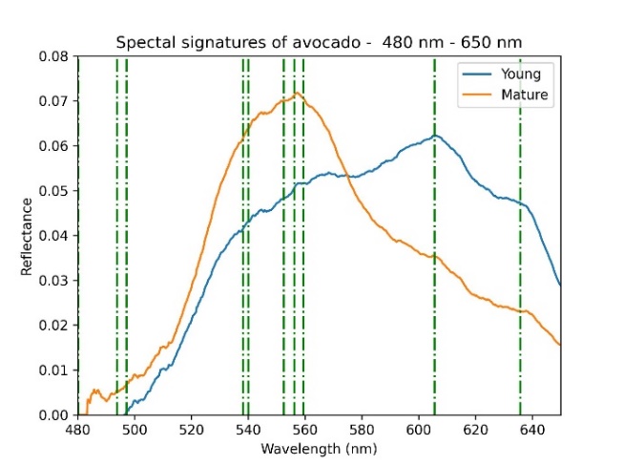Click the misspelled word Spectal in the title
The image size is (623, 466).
point(145,43)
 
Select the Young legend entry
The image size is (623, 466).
point(521,74)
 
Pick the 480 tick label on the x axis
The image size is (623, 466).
point(78,431)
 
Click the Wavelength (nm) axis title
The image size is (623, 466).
point(319,449)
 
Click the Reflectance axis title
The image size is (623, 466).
point(27,236)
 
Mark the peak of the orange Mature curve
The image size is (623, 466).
point(298,93)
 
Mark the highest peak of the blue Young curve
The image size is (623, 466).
point(435,136)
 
